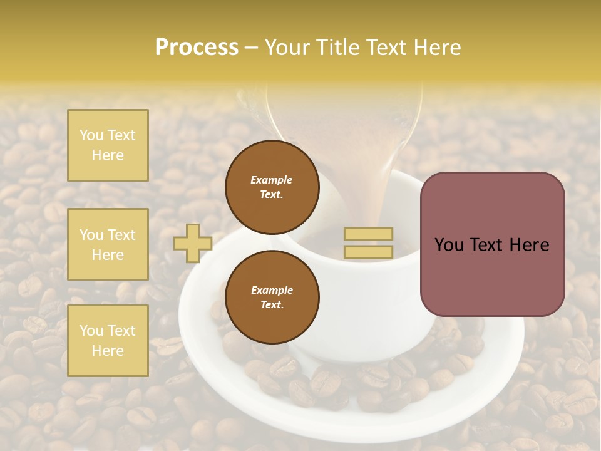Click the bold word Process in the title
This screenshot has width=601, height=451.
tap(197, 48)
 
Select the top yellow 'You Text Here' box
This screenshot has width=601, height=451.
tap(108, 145)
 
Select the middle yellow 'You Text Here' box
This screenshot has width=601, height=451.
tap(108, 244)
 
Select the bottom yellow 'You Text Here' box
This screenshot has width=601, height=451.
tap(108, 341)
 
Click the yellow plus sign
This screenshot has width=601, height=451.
tap(192, 243)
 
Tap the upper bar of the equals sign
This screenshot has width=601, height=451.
tap(368, 234)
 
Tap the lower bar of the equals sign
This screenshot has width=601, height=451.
tap(368, 252)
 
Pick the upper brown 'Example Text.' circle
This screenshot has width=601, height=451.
tap(272, 187)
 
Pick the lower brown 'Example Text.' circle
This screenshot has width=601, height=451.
tap(272, 297)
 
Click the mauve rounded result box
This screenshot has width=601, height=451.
tap(492, 276)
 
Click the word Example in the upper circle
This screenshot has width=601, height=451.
tap(272, 180)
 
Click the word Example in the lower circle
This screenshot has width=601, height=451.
tap(272, 290)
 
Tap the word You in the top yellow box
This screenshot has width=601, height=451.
tap(91, 135)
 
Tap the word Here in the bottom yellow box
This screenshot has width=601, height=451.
tap(108, 351)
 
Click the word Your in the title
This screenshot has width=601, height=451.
tap(287, 48)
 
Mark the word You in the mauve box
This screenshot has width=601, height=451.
tap(449, 245)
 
